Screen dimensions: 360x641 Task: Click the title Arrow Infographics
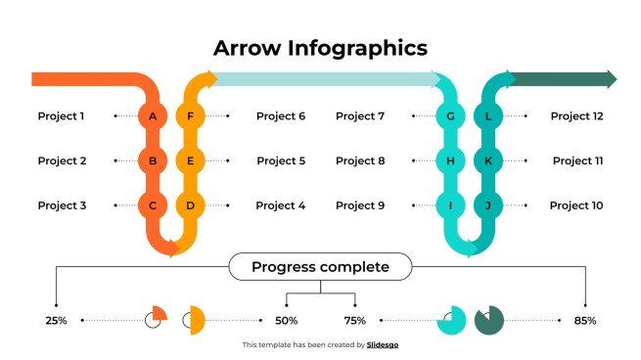(x=320, y=48)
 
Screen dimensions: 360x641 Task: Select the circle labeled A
(x=152, y=116)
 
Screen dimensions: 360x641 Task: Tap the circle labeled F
(x=190, y=116)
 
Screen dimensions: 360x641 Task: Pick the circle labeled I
(x=450, y=205)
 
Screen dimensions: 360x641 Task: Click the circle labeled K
(x=487, y=160)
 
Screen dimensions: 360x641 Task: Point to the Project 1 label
(x=61, y=116)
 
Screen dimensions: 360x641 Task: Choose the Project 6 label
(x=281, y=116)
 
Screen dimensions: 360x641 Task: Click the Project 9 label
(x=360, y=205)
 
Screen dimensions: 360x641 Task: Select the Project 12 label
(x=576, y=116)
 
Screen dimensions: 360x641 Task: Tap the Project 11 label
(x=577, y=160)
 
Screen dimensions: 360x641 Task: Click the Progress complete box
(x=320, y=267)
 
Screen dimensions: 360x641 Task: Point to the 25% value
(x=56, y=320)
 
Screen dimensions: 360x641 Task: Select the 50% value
(x=286, y=320)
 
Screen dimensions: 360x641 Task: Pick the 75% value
(x=354, y=320)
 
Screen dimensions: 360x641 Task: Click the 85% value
(x=585, y=320)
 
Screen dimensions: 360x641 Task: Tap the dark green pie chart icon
(x=488, y=319)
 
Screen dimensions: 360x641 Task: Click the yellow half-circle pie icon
(x=194, y=319)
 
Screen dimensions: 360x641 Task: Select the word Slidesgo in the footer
(x=383, y=345)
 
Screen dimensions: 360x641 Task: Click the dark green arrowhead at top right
(x=611, y=79)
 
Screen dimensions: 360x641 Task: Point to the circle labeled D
(x=190, y=205)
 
